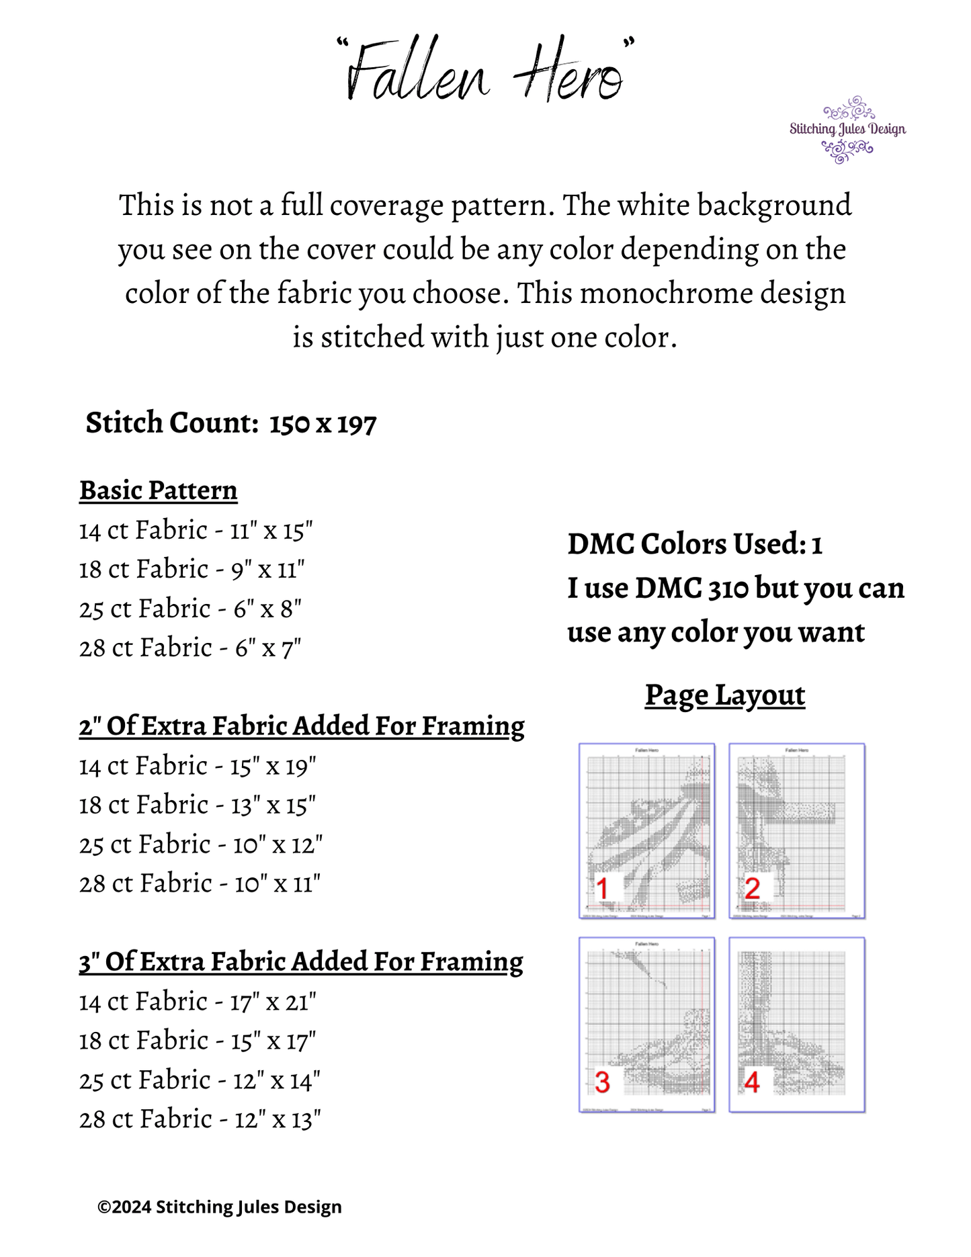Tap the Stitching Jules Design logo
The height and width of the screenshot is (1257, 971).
click(x=847, y=129)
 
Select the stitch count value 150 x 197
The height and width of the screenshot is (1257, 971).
click(x=323, y=424)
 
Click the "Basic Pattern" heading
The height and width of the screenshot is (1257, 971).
click(x=159, y=490)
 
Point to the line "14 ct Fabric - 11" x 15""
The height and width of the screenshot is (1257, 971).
click(x=196, y=531)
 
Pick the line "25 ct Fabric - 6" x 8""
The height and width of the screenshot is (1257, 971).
click(x=190, y=609)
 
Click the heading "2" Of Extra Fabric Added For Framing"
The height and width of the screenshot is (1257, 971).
click(x=302, y=726)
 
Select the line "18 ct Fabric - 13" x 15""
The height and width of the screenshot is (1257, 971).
click(x=198, y=806)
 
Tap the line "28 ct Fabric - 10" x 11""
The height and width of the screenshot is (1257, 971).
click(x=200, y=884)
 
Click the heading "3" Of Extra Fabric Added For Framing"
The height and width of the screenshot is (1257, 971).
click(x=301, y=962)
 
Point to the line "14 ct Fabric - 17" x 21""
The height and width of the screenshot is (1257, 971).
click(x=198, y=1002)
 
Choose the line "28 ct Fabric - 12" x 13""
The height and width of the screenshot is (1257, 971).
click(x=200, y=1120)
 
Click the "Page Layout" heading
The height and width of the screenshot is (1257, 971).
click(x=725, y=695)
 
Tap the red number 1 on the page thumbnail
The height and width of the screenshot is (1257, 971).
click(x=603, y=888)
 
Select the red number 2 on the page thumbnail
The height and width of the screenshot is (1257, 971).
click(x=753, y=888)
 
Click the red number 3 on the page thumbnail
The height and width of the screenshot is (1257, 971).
click(x=603, y=1082)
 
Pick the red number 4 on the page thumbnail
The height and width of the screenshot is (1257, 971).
click(x=753, y=1082)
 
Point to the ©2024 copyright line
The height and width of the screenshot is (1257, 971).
click(x=220, y=1207)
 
